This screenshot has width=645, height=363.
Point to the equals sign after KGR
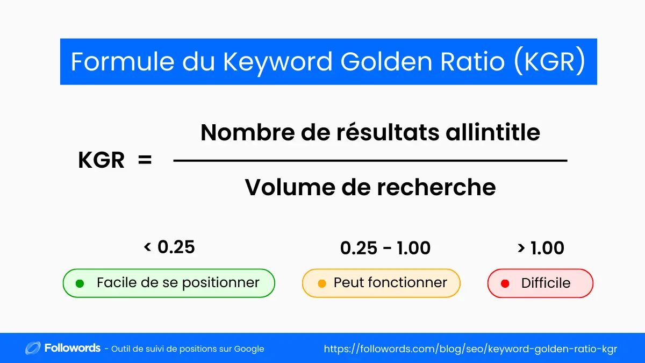coord(145,160)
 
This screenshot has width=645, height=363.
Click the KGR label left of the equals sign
coord(102,160)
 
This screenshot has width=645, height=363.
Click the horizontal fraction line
coord(370,160)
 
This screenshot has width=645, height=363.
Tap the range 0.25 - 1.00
coord(385,248)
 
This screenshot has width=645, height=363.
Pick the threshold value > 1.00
coord(540,248)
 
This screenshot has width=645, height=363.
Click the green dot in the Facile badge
coord(80,283)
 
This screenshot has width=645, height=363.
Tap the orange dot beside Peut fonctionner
coord(322,283)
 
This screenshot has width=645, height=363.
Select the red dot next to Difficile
coord(505,283)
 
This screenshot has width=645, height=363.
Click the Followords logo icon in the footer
coord(33,348)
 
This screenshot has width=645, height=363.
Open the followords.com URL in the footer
coord(470,349)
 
